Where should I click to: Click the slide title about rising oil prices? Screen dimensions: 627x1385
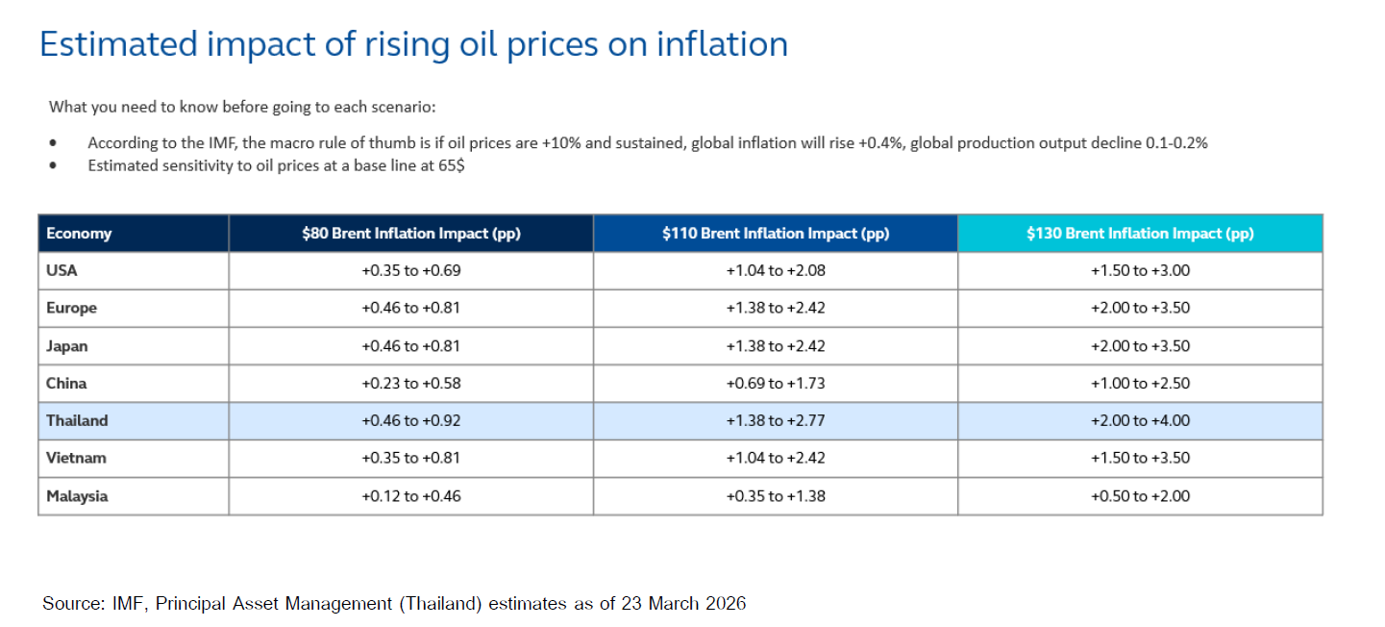pos(413,44)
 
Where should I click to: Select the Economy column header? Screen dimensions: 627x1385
pos(79,234)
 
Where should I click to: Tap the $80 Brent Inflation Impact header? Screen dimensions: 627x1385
pos(410,234)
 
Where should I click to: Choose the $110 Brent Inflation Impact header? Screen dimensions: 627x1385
pos(775,234)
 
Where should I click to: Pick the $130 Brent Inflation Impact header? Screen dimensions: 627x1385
pos(1140,234)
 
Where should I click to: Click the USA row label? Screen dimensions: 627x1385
pos(62,270)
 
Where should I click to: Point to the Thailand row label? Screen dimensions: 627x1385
pos(77,420)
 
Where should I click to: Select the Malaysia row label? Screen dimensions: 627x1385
pos(77,496)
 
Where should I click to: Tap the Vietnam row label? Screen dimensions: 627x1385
pos(75,458)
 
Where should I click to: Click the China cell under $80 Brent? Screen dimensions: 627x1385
pos(410,383)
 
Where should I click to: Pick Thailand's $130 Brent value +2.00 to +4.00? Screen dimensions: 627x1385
pos(1140,420)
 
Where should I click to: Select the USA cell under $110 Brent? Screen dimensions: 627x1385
pos(775,270)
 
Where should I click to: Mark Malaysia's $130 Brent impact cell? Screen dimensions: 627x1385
pos(1140,496)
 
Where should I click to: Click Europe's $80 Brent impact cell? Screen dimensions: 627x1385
pos(410,308)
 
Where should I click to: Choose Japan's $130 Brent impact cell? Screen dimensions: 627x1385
pos(1140,345)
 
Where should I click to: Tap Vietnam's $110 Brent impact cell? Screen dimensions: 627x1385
pos(775,458)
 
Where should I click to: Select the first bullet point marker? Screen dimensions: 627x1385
pos(54,143)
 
